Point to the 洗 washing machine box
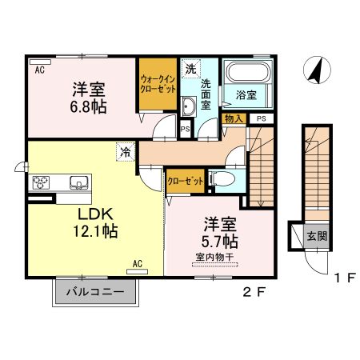coord(190,69)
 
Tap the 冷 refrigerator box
coord(126,149)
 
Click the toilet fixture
coord(223,179)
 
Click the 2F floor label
coord(252,292)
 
